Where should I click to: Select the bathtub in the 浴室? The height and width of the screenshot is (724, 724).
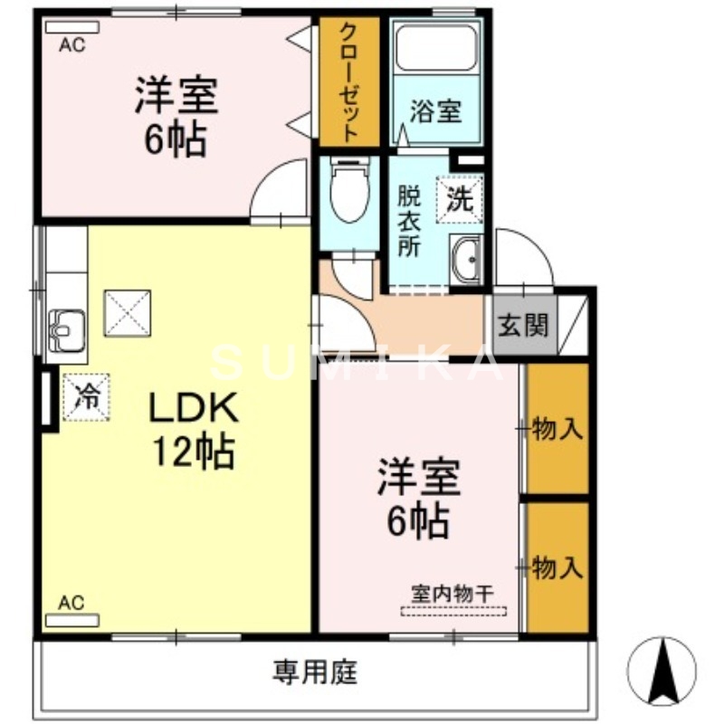click(x=436, y=53)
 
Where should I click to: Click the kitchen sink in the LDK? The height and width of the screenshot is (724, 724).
click(x=65, y=327)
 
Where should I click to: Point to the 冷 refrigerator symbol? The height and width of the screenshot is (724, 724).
click(x=86, y=395)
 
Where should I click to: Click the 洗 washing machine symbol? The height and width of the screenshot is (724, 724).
click(x=461, y=197)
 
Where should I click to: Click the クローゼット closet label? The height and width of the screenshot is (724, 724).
click(x=348, y=81)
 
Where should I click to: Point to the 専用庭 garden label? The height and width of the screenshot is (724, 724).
click(x=316, y=672)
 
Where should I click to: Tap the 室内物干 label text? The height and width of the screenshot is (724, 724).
click(x=452, y=594)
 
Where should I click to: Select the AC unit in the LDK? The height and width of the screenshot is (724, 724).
click(x=71, y=621)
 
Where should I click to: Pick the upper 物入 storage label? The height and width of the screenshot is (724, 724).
click(x=557, y=429)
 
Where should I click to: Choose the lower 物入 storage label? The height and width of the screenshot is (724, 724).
click(x=557, y=567)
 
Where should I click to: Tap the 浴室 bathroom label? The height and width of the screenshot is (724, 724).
click(x=436, y=112)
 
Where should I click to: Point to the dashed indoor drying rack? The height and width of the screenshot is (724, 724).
click(x=453, y=611)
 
